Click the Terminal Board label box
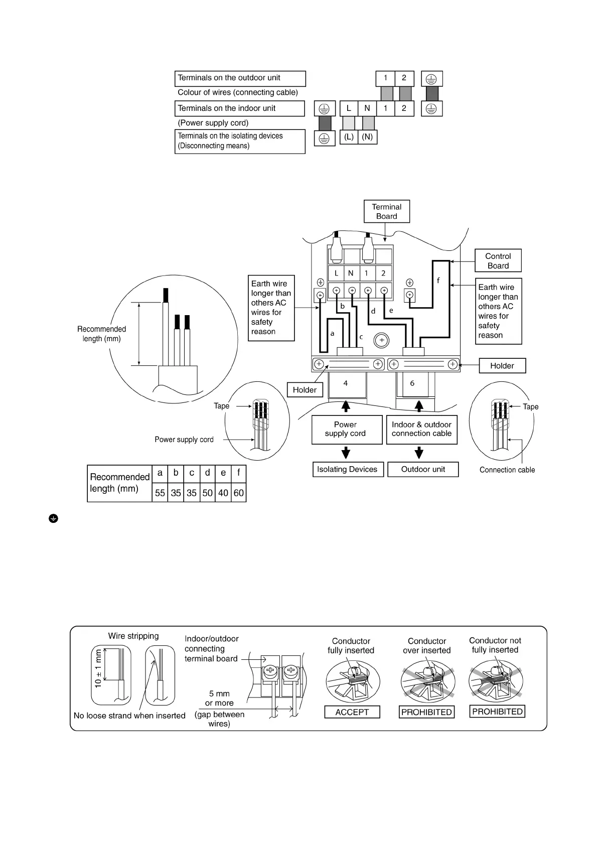386,211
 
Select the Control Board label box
498,261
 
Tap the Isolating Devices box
347,469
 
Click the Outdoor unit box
423,469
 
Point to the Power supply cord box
345,429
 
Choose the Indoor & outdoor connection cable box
421,429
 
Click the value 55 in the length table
160,493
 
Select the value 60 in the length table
239,493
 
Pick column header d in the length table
207,473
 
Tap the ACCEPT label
352,712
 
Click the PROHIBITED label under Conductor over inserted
426,712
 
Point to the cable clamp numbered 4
346,383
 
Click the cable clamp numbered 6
412,383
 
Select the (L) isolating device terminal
349,137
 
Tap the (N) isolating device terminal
367,137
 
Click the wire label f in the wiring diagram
438,280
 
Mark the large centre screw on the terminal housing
381,341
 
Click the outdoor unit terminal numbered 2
404,78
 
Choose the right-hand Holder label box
502,366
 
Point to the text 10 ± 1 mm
98,668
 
